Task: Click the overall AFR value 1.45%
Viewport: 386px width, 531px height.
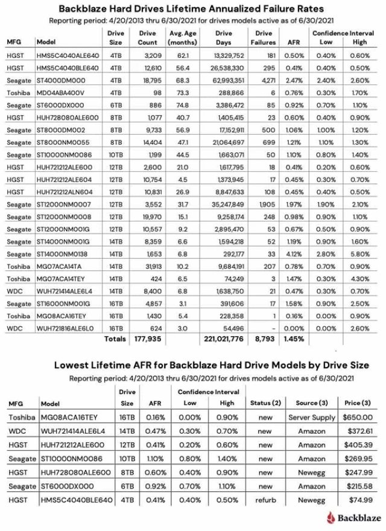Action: (293, 339)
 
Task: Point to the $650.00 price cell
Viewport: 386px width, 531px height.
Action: (355, 418)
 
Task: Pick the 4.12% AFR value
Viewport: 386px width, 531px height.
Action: (293, 255)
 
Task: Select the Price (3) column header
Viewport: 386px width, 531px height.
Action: (355, 403)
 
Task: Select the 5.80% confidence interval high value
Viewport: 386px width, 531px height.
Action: (359, 255)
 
